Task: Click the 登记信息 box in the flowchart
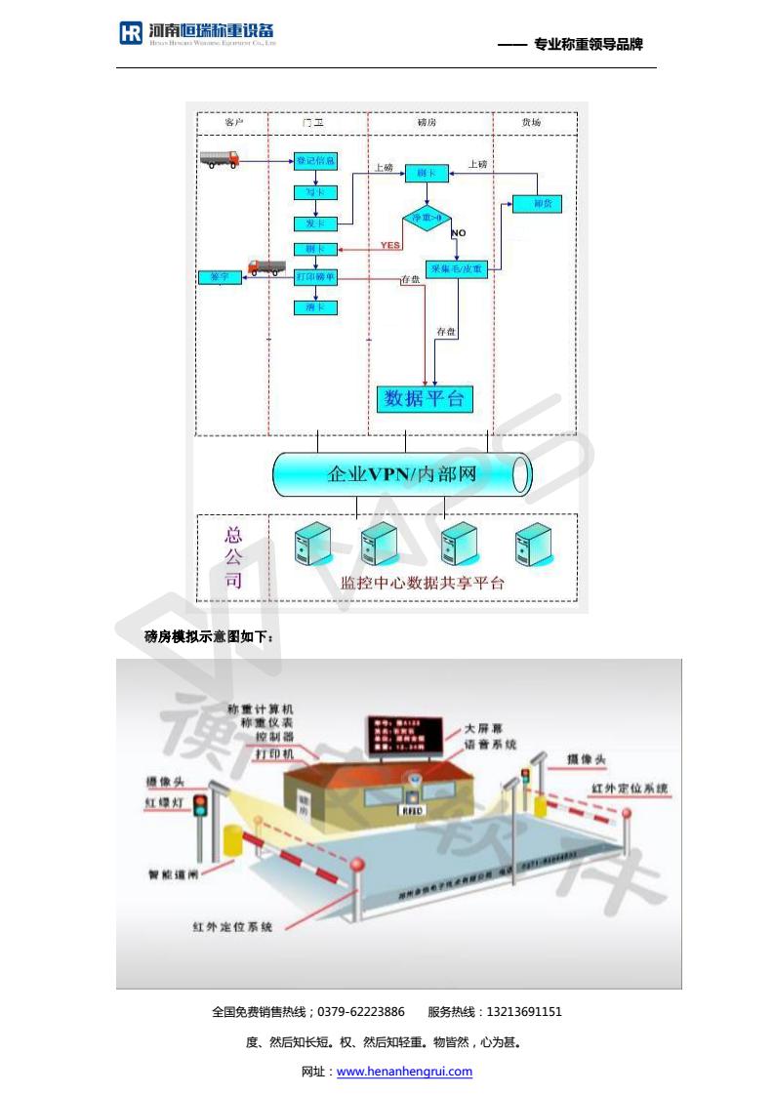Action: [315, 160]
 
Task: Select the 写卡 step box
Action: [315, 192]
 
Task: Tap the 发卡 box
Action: [315, 223]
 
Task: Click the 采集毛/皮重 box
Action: [457, 269]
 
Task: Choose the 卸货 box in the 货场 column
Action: [537, 204]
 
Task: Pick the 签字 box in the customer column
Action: [219, 277]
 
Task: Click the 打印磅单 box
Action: [315, 277]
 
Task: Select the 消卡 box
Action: [315, 307]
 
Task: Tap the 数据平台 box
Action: [425, 398]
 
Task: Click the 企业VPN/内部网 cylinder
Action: [401, 475]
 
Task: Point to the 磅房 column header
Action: [427, 123]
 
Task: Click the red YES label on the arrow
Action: [390, 245]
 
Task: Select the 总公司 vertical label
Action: [233, 558]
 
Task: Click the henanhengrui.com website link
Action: [404, 1072]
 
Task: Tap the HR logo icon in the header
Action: [131, 33]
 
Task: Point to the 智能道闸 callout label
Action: [174, 874]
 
